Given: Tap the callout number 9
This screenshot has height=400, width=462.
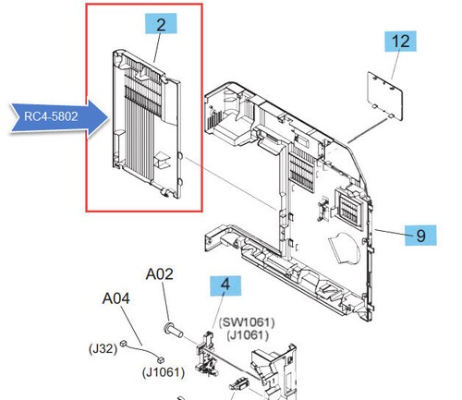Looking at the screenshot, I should [x=419, y=236].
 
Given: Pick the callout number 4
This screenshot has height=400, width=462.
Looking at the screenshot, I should [x=225, y=286].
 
